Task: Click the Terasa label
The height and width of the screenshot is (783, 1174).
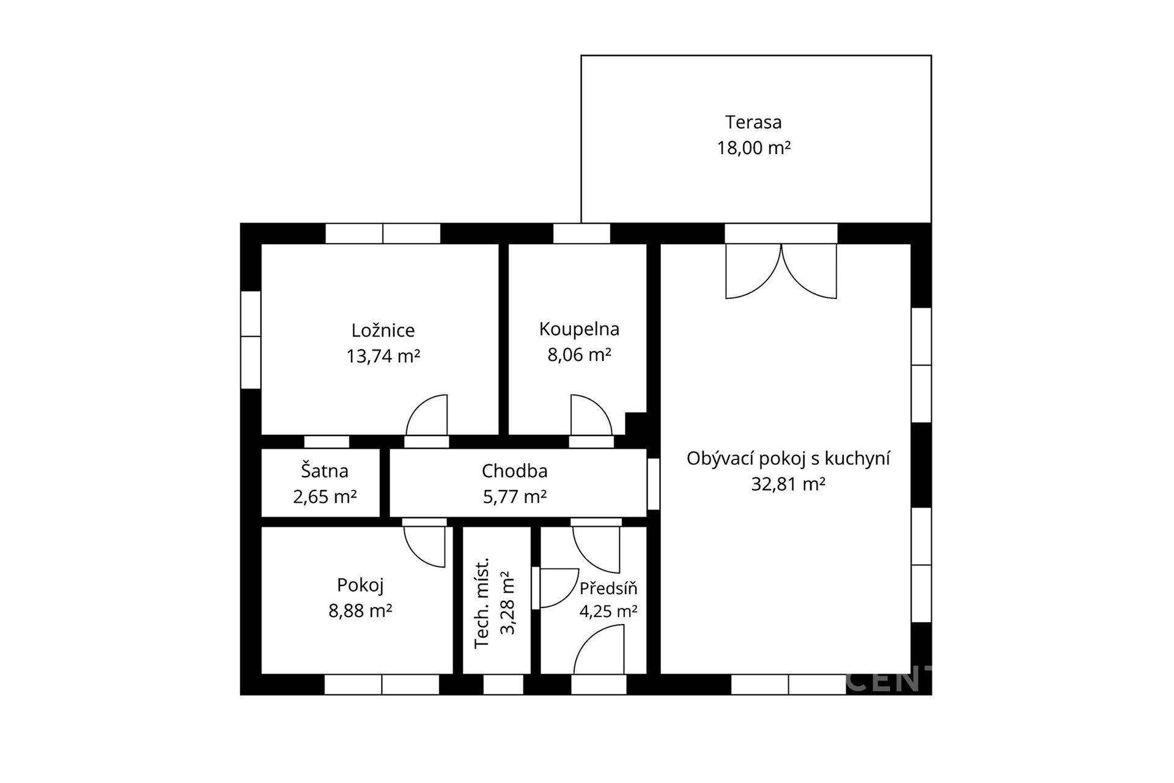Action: pyautogui.click(x=753, y=122)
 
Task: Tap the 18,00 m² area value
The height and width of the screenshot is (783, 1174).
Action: pyautogui.click(x=754, y=148)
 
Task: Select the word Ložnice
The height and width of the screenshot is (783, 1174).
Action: pyautogui.click(x=383, y=330)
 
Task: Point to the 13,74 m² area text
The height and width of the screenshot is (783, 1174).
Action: pyautogui.click(x=383, y=356)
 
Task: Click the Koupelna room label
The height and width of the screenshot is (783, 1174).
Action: pyautogui.click(x=579, y=329)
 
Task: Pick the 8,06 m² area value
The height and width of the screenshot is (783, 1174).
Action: pyautogui.click(x=579, y=355)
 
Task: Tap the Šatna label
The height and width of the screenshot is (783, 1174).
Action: pyautogui.click(x=324, y=471)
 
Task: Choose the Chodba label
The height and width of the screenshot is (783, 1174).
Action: pyautogui.click(x=514, y=471)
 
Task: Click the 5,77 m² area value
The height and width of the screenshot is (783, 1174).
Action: pyautogui.click(x=515, y=497)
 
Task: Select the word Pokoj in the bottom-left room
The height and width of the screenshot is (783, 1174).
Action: pyautogui.click(x=360, y=585)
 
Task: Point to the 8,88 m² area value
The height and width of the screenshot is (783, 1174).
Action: pyautogui.click(x=360, y=611)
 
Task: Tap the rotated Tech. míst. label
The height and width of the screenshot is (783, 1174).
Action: pyautogui.click(x=482, y=603)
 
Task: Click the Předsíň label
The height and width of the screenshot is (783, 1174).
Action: pyautogui.click(x=608, y=588)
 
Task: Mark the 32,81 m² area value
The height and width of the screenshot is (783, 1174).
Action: pyautogui.click(x=788, y=484)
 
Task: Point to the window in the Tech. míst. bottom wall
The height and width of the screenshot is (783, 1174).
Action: pyautogui.click(x=503, y=685)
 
